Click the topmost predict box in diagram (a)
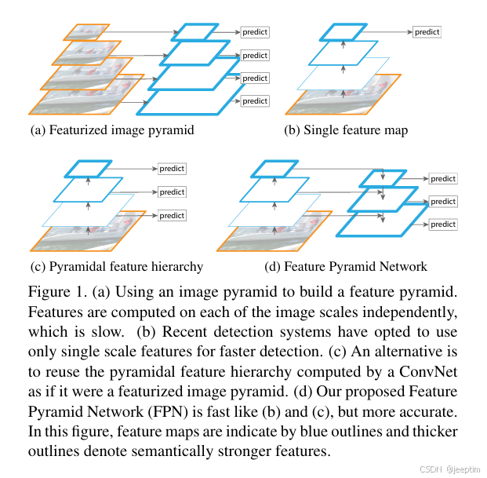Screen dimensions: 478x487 pyautogui.click(x=254, y=32)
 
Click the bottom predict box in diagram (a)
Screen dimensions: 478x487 pyautogui.click(x=254, y=101)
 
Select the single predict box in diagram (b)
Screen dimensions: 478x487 pyautogui.click(x=427, y=32)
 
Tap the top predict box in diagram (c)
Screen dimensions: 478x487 pyautogui.click(x=172, y=169)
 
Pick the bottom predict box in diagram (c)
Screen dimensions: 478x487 pyautogui.click(x=172, y=215)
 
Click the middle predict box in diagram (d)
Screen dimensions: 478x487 pyautogui.click(x=443, y=202)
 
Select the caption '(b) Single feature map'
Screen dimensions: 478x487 pyautogui.click(x=345, y=130)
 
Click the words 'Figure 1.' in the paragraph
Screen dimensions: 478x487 pyautogui.click(x=57, y=293)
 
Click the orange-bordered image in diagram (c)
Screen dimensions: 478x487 pyautogui.click(x=93, y=236)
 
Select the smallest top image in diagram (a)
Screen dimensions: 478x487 pyautogui.click(x=91, y=32)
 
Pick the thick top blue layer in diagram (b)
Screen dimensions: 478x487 pyautogui.click(x=343, y=32)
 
